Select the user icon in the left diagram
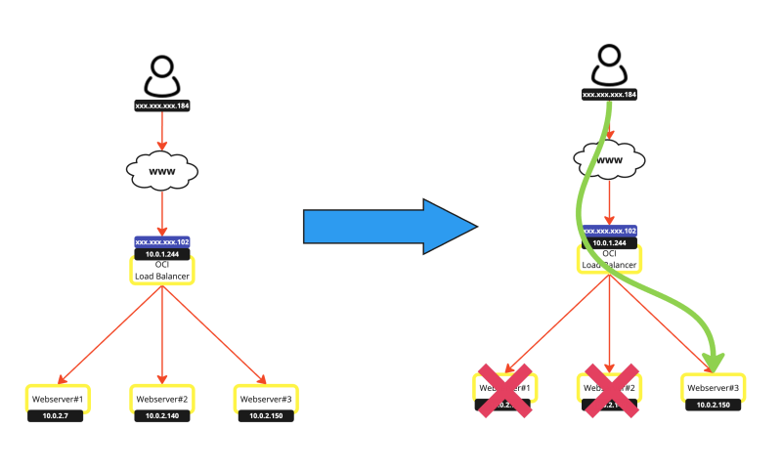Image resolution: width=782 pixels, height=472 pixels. pos(162,76)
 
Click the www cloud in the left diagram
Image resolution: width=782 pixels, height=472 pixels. pos(162,172)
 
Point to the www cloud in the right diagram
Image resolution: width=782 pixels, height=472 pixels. pos(610,160)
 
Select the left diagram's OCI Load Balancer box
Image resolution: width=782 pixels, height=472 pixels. pos(162,270)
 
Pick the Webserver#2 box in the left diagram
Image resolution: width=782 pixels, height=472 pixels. pos(162,399)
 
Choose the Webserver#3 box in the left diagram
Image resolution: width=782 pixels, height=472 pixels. pos(266,399)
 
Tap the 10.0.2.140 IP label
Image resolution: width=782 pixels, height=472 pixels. pos(162,416)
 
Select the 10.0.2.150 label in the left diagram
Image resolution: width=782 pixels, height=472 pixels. pos(266,416)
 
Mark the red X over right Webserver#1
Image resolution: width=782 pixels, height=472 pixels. pos(505,390)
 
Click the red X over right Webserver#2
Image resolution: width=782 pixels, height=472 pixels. pos(611,390)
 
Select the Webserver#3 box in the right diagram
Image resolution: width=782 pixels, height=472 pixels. pos(713,388)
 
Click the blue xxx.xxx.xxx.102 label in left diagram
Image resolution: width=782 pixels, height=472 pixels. pos(162,241)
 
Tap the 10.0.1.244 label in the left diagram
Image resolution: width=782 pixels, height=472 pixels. pos(162,252)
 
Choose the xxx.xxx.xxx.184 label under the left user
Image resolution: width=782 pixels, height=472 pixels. pos(162,105)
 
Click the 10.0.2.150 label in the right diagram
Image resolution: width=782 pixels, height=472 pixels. pos(713,405)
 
